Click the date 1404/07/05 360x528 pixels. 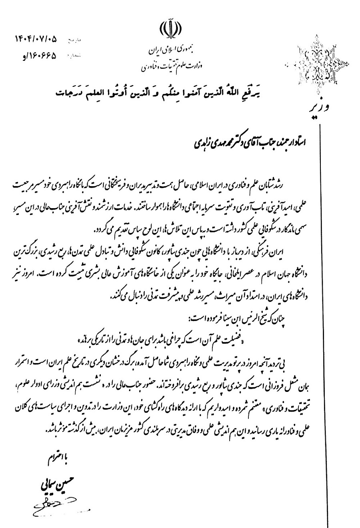[36, 40]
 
